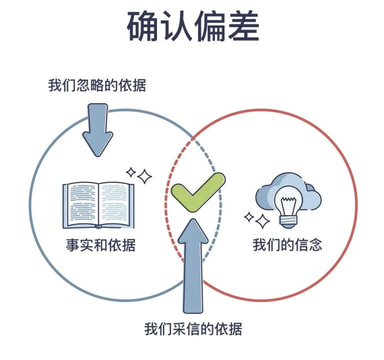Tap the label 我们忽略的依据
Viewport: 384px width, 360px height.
[97, 85]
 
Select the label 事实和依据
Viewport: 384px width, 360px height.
[100, 244]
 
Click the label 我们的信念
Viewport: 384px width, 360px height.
[287, 244]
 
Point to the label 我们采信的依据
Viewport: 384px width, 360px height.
[193, 329]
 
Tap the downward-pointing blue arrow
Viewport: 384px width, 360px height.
[97, 130]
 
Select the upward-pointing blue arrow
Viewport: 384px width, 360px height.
[193, 265]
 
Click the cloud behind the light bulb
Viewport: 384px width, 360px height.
[288, 193]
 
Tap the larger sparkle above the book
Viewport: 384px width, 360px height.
[144, 176]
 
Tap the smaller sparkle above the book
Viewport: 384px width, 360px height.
[131, 172]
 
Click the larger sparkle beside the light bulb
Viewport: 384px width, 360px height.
[262, 221]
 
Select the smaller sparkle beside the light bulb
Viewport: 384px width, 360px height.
[249, 217]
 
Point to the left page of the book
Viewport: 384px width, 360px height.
[81, 204]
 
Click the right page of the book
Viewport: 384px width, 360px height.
[114, 204]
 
